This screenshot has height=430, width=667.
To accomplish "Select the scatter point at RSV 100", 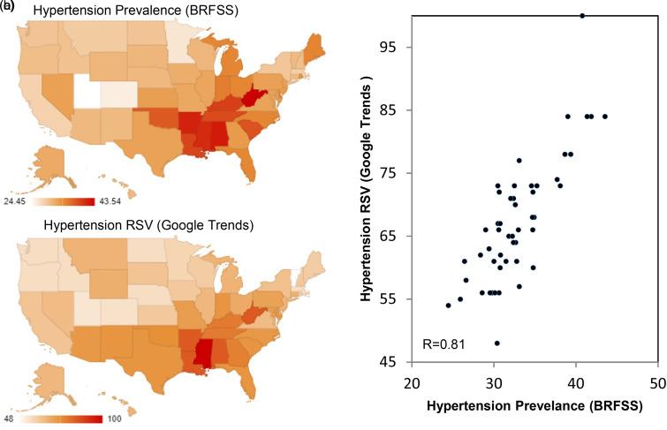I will (582, 15).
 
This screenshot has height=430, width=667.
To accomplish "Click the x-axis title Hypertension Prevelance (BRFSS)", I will (534, 406).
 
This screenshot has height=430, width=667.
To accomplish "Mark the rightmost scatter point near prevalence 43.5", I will (605, 117).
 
